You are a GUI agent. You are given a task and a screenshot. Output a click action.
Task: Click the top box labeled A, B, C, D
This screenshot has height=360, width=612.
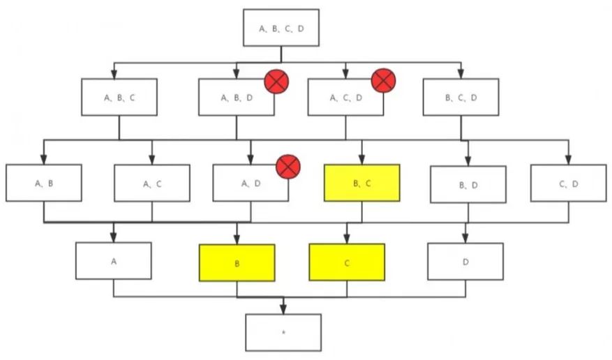click(x=281, y=28)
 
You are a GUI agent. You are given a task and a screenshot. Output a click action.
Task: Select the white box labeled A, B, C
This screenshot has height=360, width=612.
click(x=119, y=97)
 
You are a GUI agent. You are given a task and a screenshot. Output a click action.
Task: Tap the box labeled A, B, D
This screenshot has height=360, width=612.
click(x=235, y=97)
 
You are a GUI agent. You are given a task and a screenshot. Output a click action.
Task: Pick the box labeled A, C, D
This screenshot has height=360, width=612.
click(x=345, y=97)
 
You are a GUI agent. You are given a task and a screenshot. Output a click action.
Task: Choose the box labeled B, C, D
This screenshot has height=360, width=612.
click(x=461, y=97)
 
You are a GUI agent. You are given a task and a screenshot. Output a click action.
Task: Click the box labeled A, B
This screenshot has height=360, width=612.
click(x=43, y=183)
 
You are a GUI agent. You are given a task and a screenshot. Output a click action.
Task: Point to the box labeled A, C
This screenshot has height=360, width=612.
click(x=152, y=183)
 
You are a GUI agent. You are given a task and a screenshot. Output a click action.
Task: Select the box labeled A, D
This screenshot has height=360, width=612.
click(x=250, y=183)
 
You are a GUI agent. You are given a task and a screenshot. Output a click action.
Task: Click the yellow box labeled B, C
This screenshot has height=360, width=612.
click(x=361, y=183)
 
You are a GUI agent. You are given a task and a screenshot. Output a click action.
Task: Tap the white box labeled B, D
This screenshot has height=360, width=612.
click(x=468, y=184)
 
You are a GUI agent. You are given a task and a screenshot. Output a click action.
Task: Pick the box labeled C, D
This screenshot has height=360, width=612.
click(x=568, y=183)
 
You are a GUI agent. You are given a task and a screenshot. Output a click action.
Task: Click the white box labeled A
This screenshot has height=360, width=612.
click(x=113, y=261)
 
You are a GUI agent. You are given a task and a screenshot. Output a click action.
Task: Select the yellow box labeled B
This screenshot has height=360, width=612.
click(x=237, y=263)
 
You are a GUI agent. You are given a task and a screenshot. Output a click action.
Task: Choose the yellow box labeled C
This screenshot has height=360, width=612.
click(x=346, y=263)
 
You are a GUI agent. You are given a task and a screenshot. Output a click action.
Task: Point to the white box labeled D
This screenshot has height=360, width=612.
click(x=465, y=262)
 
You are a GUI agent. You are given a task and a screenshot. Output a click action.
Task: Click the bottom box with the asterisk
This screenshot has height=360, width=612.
click(x=283, y=332)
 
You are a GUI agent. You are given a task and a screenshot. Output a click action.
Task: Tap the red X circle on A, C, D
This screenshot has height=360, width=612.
click(x=383, y=80)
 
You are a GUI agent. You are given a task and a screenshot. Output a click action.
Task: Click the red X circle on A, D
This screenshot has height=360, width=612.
click(x=288, y=167)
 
